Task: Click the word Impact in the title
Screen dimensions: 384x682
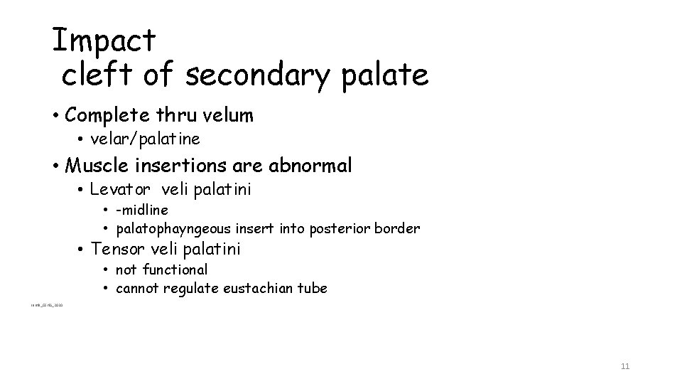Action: [104, 41]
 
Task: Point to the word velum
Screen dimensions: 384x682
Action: [228, 115]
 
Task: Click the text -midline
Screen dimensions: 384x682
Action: [142, 210]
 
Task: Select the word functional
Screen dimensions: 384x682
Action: [175, 270]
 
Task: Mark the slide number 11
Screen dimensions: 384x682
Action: [625, 366]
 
